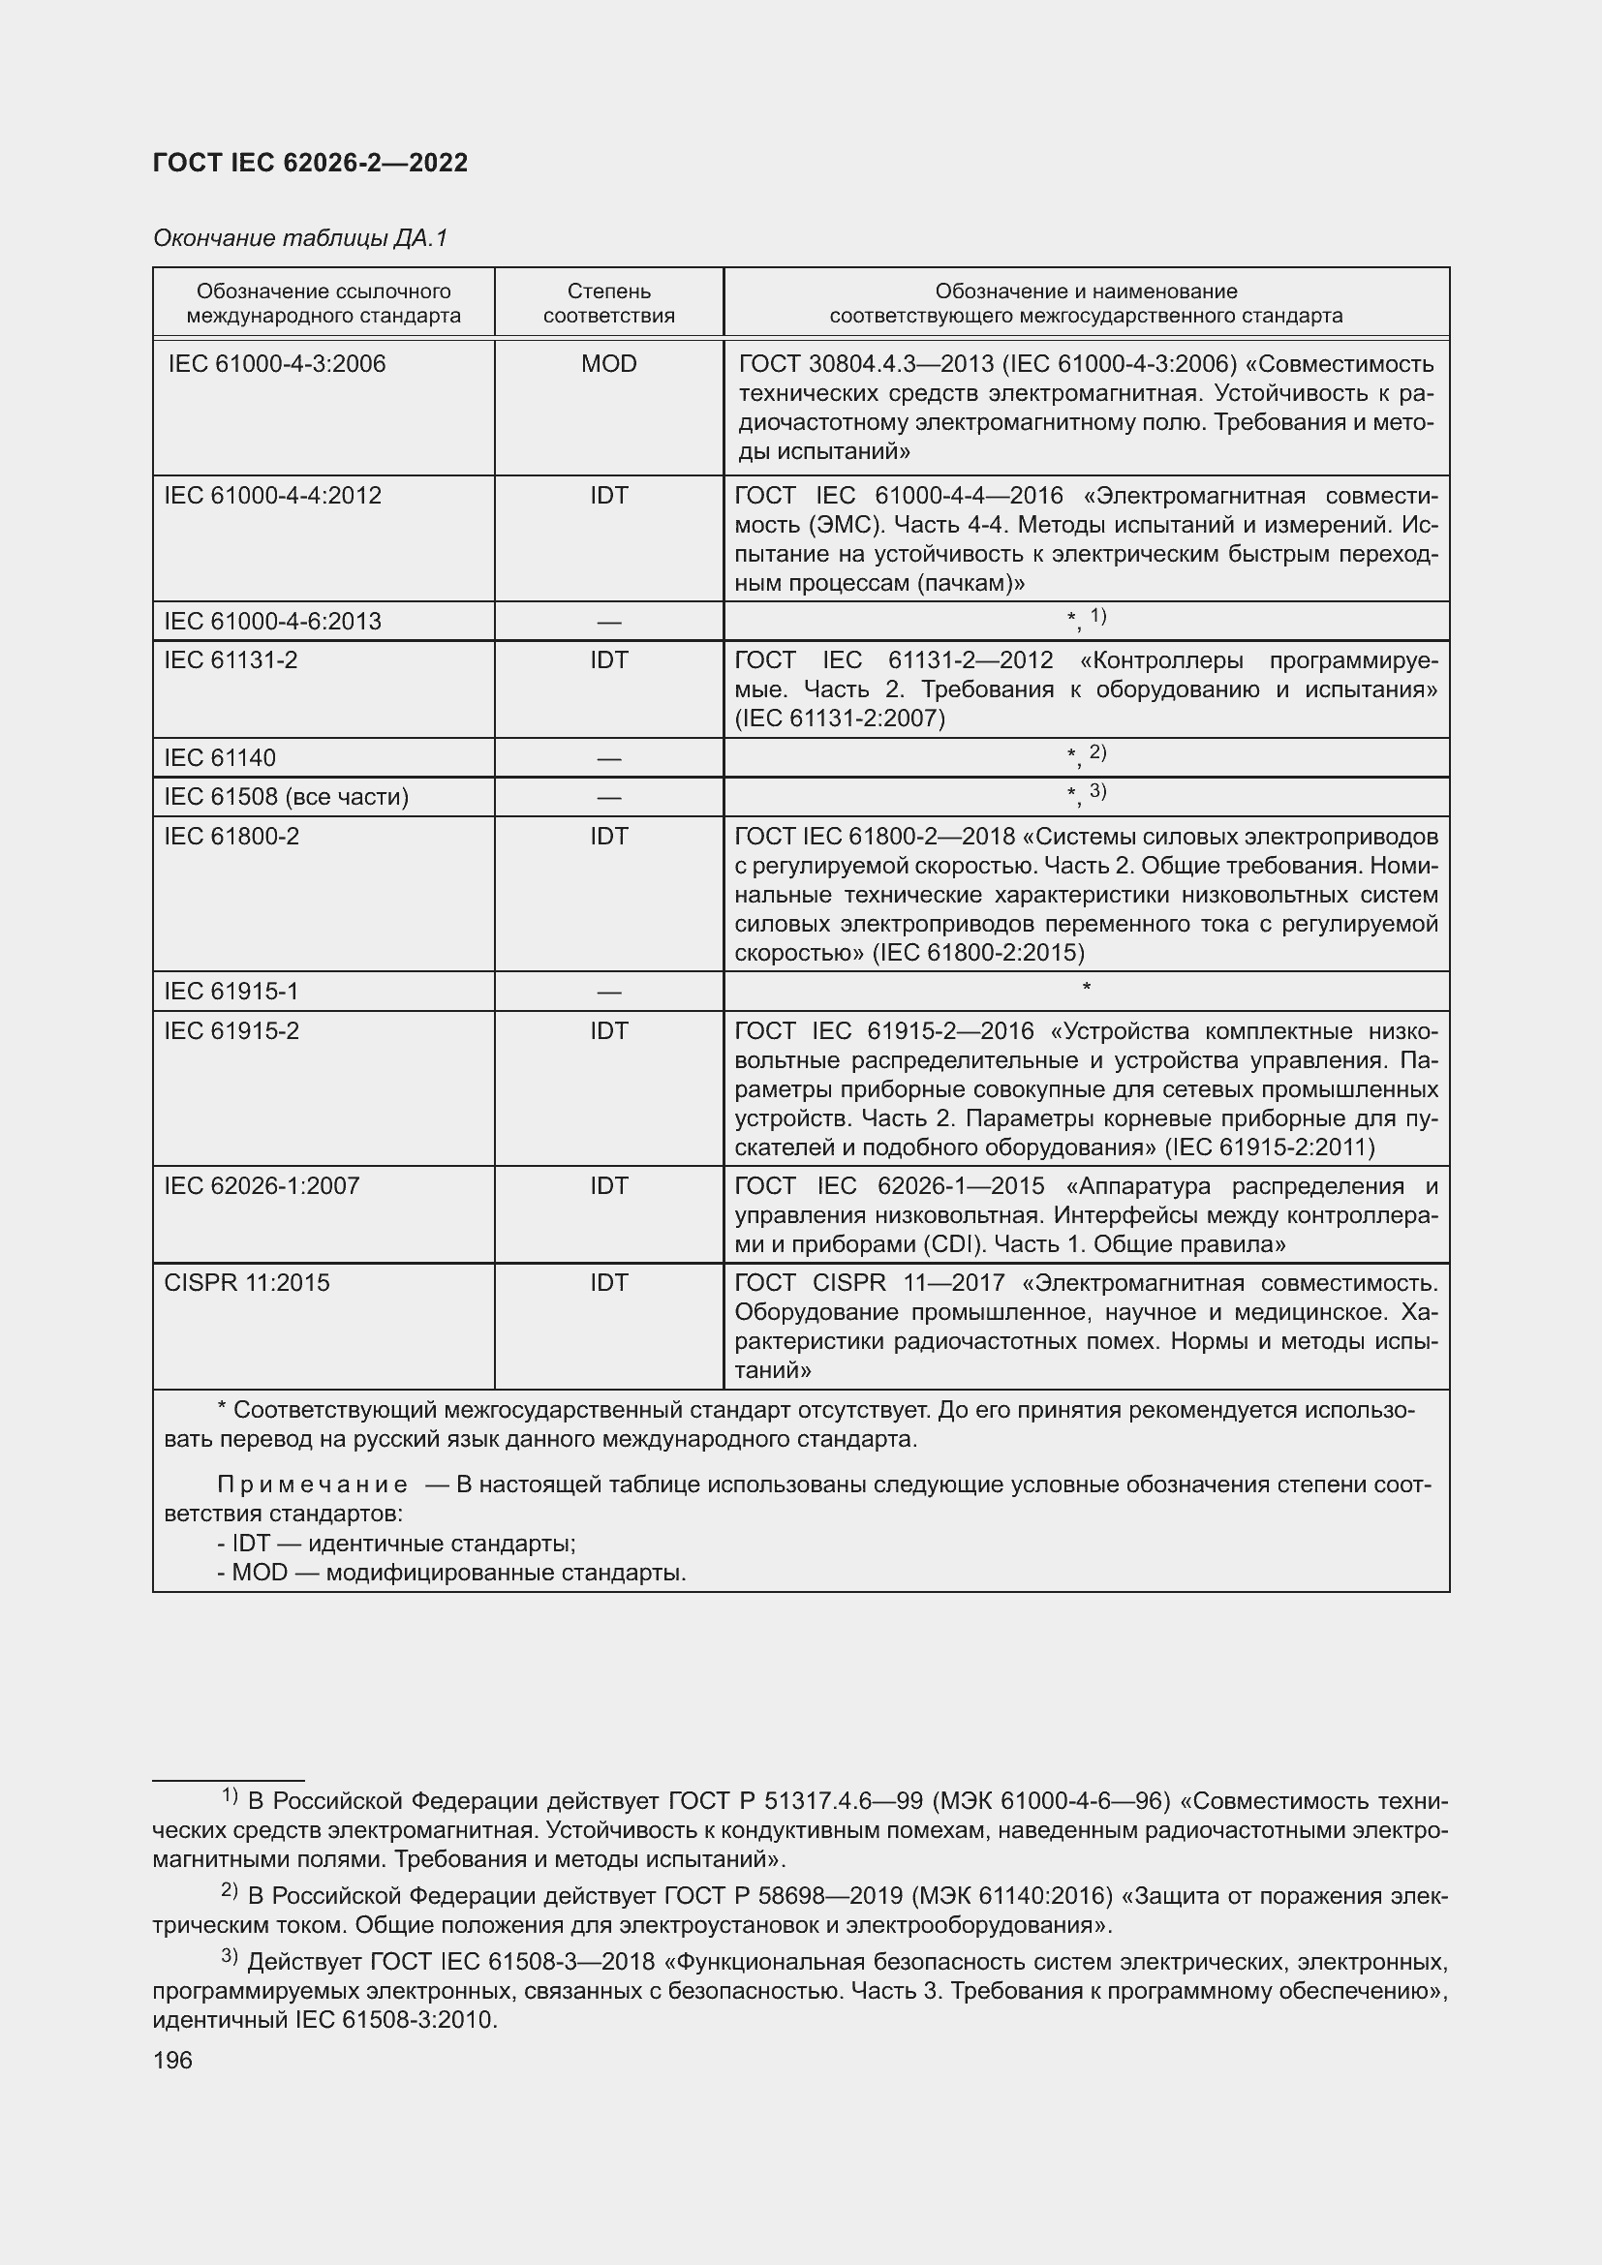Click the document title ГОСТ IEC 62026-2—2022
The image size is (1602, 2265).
coord(310,164)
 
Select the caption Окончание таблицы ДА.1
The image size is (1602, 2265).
coord(300,238)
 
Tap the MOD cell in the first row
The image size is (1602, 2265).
coord(608,364)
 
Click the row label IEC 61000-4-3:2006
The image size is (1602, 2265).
coord(276,364)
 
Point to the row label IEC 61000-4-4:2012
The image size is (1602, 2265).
coord(272,495)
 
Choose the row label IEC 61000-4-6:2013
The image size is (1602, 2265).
coord(272,622)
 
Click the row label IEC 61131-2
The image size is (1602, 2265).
coord(230,660)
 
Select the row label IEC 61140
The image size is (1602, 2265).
coord(219,757)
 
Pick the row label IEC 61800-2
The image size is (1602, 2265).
coord(231,837)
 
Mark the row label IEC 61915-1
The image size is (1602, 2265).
coord(231,992)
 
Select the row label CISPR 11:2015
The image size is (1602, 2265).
coord(247,1283)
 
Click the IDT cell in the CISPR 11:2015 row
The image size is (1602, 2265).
coord(608,1283)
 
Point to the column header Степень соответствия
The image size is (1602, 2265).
coord(608,304)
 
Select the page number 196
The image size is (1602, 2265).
coord(172,2060)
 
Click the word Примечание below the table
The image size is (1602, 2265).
coord(312,1484)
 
